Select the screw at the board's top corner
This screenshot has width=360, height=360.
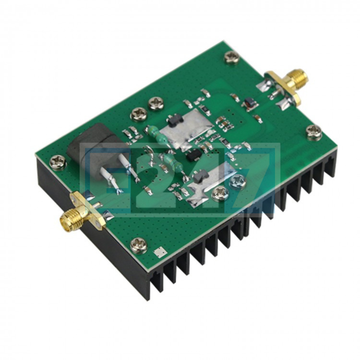pos(232,57)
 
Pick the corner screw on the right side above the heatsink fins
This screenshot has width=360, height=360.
pos(314,132)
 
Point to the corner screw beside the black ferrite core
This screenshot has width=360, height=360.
pos(58,162)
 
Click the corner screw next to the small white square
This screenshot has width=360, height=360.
pos(139,244)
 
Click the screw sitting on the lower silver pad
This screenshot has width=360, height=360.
pos(220,194)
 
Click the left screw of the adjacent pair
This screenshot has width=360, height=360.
pos(138,114)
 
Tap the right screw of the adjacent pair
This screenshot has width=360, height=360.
pos(156,104)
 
